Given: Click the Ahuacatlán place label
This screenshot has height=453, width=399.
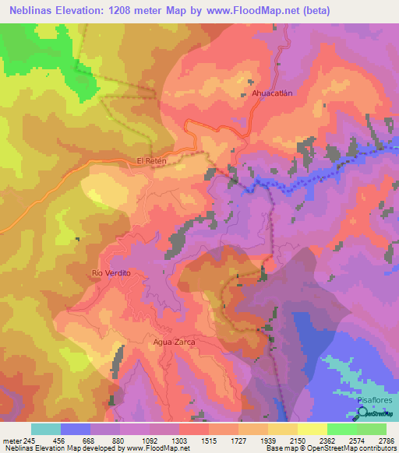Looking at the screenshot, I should (272, 93).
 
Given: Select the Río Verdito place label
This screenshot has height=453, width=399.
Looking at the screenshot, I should (109, 273).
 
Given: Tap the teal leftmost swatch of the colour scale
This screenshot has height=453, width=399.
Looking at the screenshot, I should (46, 429).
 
